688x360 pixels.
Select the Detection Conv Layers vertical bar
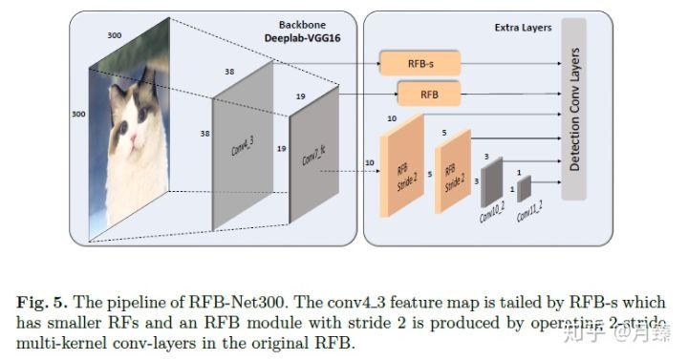pos(573,110)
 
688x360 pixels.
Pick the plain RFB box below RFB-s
pos(428,94)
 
